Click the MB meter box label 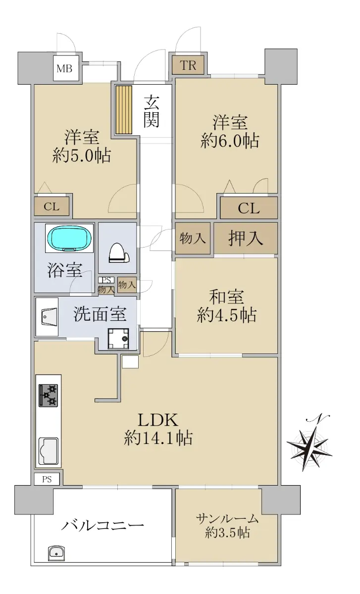(x=64, y=69)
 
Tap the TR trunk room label (x=188, y=65)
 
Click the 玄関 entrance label (x=152, y=111)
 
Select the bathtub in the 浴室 (x=69, y=238)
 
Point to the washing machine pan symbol (x=118, y=339)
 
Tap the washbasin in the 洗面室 (x=49, y=316)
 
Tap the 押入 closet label (x=246, y=238)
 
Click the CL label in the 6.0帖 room (x=249, y=208)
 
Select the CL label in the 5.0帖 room (x=51, y=206)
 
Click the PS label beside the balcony (x=47, y=480)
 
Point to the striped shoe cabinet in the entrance (x=124, y=109)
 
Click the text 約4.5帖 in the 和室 (x=227, y=315)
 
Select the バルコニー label (x=103, y=525)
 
